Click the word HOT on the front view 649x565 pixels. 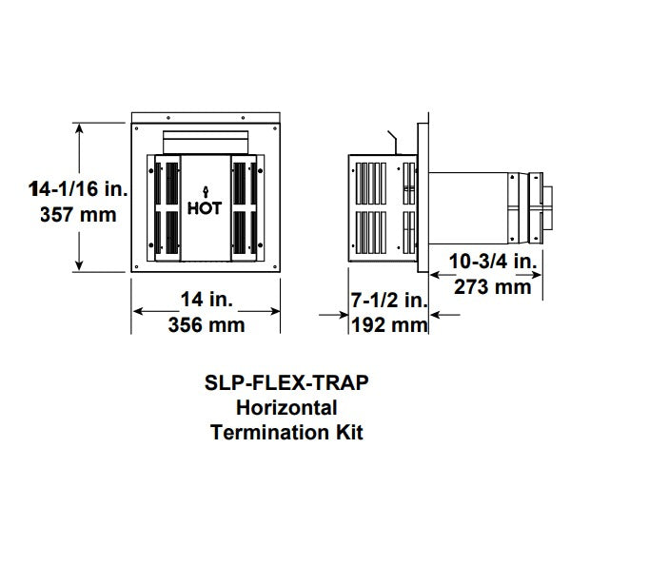click(205, 209)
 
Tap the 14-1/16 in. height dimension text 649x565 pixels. click(77, 191)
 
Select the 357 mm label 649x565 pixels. click(78, 215)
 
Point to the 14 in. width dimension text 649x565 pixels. click(206, 300)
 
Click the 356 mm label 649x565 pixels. click(206, 325)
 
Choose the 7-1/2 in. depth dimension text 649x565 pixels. click(388, 301)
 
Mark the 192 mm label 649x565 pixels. click(388, 325)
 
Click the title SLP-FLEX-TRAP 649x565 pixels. click(286, 384)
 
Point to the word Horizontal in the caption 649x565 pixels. click(286, 408)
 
